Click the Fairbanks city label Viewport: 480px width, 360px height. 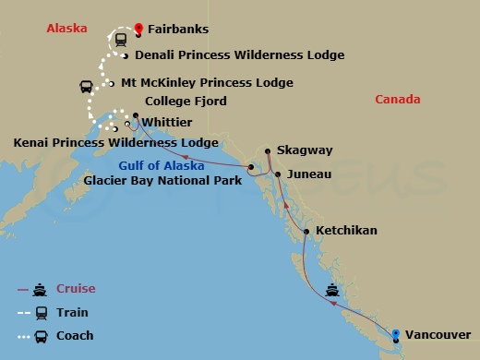click(x=176, y=30)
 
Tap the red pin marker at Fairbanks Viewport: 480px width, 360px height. click(x=138, y=28)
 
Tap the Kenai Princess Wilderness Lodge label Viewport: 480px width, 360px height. click(x=116, y=142)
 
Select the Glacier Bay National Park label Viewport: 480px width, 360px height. click(x=162, y=181)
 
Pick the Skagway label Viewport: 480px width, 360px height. click(x=311, y=150)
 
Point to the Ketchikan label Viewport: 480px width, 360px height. click(x=346, y=230)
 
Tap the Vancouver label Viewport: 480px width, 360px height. click(x=438, y=334)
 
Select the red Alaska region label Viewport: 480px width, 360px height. click(x=66, y=29)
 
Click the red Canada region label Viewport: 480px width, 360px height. click(x=398, y=100)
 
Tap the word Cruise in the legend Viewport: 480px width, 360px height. click(x=77, y=288)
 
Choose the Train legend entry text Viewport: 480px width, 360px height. click(x=73, y=312)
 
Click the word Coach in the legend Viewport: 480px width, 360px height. click(x=76, y=335)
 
